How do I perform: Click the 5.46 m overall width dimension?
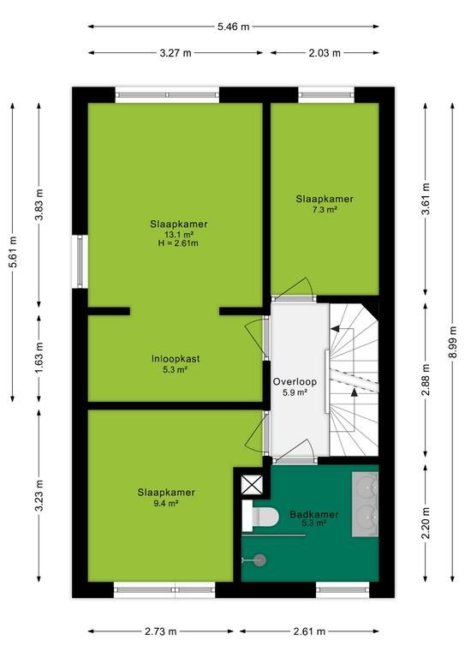click(x=233, y=27)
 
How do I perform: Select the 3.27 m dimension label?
click(x=176, y=53)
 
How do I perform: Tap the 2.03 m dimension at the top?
click(x=325, y=53)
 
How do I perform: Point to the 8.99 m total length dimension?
click(x=452, y=342)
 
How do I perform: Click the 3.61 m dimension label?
click(x=426, y=199)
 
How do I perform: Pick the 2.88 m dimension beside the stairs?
click(x=426, y=380)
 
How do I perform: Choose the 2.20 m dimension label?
click(x=426, y=523)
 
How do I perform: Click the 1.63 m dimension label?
click(x=39, y=358)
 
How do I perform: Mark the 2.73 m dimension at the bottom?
click(x=161, y=631)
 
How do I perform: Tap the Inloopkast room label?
click(x=176, y=359)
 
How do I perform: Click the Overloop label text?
click(x=295, y=382)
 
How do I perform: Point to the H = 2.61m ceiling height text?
click(x=178, y=243)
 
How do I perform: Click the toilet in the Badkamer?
click(x=260, y=516)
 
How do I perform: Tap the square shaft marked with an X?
click(x=252, y=485)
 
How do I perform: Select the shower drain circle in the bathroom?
click(x=260, y=559)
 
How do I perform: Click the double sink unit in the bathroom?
click(x=365, y=505)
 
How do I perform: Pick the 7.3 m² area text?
click(x=325, y=209)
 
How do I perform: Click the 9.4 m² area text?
click(x=166, y=503)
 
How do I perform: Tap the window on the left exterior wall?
click(x=80, y=261)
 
